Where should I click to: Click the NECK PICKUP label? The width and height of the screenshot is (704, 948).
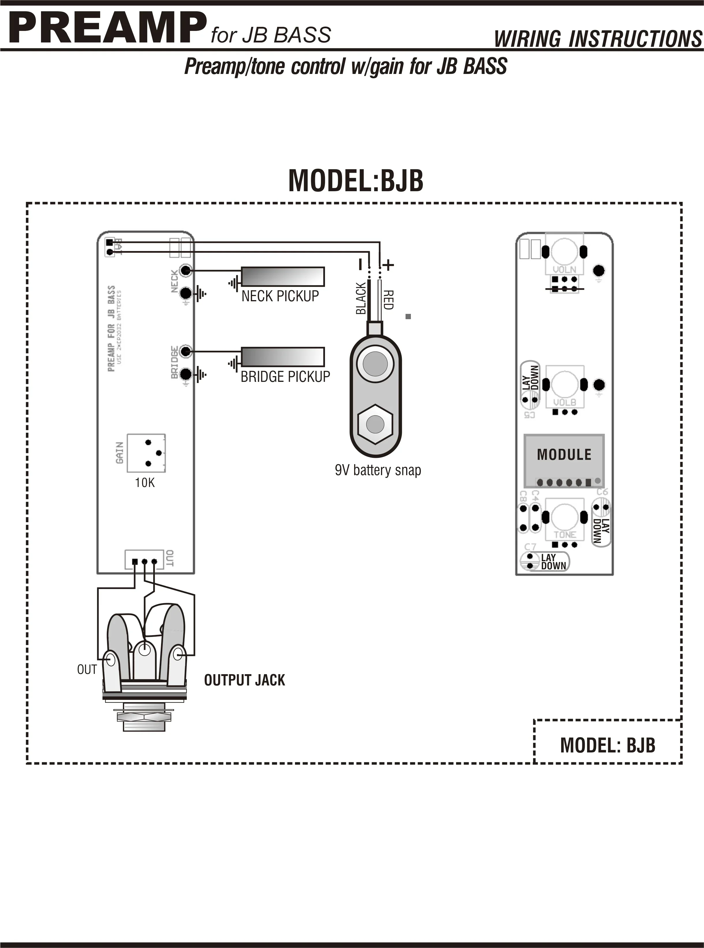(x=280, y=296)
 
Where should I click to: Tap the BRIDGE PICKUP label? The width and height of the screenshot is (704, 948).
(x=285, y=377)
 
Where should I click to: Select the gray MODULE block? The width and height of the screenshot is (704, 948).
(x=564, y=460)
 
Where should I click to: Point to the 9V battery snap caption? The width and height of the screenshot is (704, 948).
(x=378, y=470)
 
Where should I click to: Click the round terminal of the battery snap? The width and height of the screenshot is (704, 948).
(x=375, y=363)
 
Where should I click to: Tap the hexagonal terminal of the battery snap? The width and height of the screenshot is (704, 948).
(x=375, y=424)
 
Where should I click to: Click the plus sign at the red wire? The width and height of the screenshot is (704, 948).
(x=388, y=265)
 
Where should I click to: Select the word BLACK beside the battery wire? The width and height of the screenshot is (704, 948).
(x=361, y=298)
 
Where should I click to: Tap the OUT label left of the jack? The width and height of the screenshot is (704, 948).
(x=87, y=670)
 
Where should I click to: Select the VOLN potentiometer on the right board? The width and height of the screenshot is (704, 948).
(x=564, y=253)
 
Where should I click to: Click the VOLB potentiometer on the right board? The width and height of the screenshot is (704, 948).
(x=564, y=385)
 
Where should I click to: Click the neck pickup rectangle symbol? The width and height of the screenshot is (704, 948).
(x=283, y=276)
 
